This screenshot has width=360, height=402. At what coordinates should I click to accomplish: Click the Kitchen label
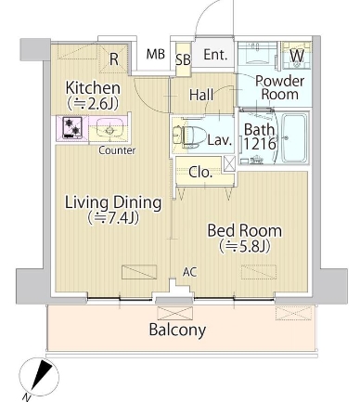pos(93,88)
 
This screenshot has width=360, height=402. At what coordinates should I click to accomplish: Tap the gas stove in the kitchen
pos(72,127)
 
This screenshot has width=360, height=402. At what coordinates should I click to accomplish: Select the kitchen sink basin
pos(109,129)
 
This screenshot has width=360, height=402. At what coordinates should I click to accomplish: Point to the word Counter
pos(117,150)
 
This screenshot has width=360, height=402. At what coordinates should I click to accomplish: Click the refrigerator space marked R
pos(114,59)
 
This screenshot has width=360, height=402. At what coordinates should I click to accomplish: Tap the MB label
pos(156,54)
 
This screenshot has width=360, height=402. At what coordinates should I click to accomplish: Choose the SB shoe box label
pos(183,60)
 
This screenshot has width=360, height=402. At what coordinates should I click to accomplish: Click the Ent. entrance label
pos(215,55)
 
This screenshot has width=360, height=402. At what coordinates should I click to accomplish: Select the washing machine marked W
pos(297,56)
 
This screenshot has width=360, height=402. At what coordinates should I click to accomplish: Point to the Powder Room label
pos(279,87)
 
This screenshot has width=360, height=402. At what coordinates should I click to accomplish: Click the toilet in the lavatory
pos(188,136)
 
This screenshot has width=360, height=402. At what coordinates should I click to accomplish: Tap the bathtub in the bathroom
pos(295,137)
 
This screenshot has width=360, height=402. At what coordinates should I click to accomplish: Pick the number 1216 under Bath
pos(259,144)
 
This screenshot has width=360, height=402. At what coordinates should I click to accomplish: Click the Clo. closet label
pos(200,173)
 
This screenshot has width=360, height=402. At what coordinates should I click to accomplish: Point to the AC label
pos(189,272)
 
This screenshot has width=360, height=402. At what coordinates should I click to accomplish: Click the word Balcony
pos(177,330)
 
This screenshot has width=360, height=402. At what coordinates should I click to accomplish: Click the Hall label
pos(201,95)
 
